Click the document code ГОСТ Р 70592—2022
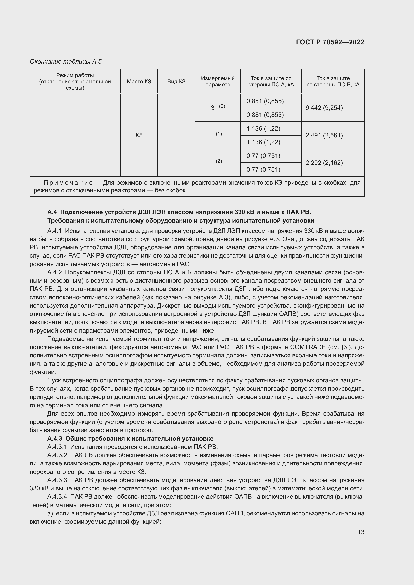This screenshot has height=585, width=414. (x=330, y=42)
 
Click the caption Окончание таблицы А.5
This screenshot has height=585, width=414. (x=66, y=62)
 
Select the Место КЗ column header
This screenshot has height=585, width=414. (x=139, y=82)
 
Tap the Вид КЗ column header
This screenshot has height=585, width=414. (x=176, y=82)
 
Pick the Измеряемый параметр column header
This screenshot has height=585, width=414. (x=218, y=82)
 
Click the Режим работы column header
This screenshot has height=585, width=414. (x=75, y=82)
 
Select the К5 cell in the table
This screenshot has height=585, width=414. (x=139, y=135)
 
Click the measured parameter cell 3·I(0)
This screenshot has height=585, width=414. (x=218, y=107)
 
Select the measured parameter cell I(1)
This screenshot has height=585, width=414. (x=218, y=135)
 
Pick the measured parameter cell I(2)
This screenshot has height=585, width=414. (x=218, y=162)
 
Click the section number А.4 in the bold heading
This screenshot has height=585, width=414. (x=52, y=212)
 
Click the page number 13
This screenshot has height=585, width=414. (x=361, y=532)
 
